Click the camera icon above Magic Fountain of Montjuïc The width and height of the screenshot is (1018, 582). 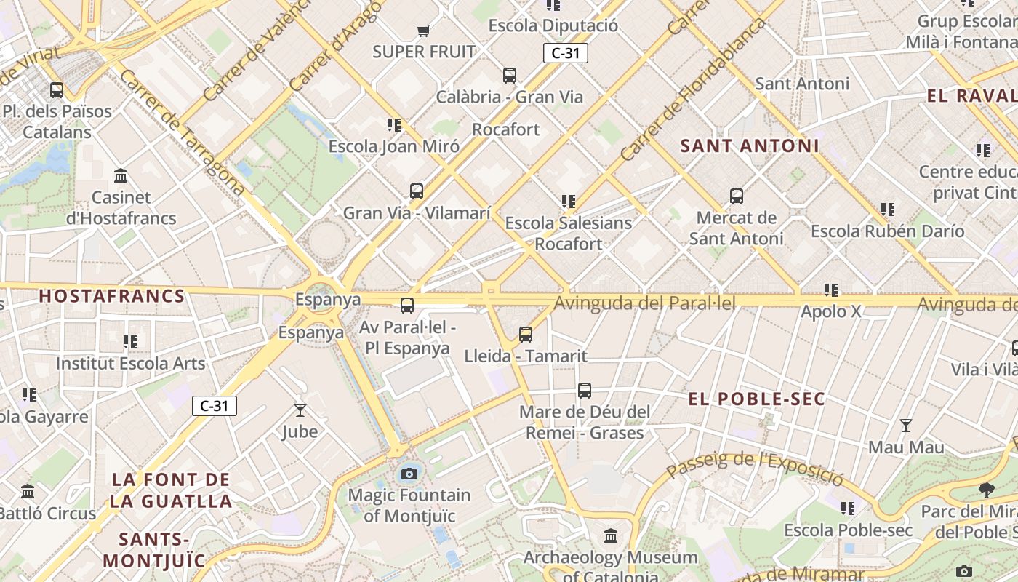(409, 474)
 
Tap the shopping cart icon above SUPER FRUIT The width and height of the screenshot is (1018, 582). (424, 31)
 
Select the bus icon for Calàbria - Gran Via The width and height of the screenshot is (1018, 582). (510, 75)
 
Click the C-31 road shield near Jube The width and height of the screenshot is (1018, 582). (215, 406)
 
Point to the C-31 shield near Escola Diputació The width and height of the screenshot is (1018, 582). (565, 53)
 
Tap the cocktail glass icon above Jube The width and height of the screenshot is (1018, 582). (300, 410)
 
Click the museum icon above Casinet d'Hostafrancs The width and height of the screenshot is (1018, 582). (121, 176)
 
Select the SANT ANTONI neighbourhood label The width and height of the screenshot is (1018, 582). (750, 145)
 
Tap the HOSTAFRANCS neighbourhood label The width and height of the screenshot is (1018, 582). (112, 296)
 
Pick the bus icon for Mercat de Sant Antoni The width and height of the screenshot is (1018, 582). (737, 196)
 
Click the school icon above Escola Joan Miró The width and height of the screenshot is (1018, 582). (394, 125)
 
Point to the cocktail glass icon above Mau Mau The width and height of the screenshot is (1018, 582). (906, 426)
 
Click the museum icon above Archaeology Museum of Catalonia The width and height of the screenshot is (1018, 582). (611, 535)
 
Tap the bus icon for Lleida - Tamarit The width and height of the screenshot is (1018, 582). (526, 335)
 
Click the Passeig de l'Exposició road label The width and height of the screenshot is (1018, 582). (755, 468)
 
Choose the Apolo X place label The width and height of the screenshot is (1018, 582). (830, 312)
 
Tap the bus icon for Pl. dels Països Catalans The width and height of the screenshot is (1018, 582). (57, 90)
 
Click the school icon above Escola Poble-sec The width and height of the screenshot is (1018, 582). (848, 508)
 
